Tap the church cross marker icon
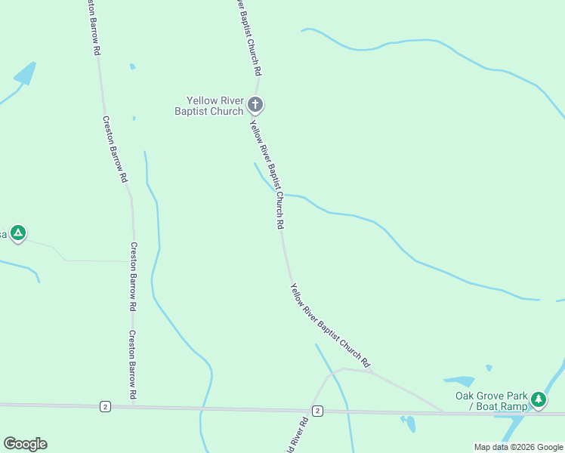tap(255, 104)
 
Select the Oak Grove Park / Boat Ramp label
tap(491, 401)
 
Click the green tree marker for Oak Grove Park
tap(538, 399)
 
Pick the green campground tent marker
tap(18, 233)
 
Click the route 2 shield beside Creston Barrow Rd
tap(105, 407)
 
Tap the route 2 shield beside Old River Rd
tap(317, 411)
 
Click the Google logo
tap(25, 444)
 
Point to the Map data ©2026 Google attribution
tap(518, 447)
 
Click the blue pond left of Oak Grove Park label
tap(458, 381)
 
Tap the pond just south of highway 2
tap(409, 423)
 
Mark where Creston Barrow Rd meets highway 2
tap(134, 407)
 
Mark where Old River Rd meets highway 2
tap(310, 411)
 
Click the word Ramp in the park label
tap(514, 406)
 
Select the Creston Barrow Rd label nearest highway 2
tap(132, 365)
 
